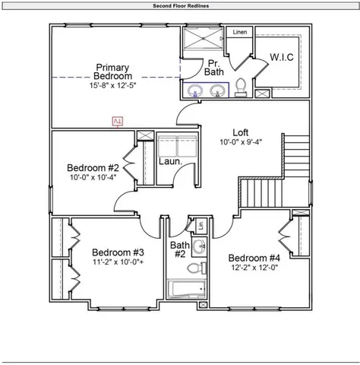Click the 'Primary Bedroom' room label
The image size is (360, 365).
coord(112,71)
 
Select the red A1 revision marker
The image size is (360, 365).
coord(118,121)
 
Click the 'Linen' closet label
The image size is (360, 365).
coord(240,33)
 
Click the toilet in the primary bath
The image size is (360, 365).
coord(241,87)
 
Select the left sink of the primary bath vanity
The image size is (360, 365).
coord(194,91)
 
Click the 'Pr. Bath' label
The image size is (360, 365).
coord(215,67)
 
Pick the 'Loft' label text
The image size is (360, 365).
coord(240,132)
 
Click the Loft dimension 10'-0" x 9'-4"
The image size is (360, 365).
coord(240,142)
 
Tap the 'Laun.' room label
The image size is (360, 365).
coord(169,161)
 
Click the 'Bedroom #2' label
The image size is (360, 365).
coord(93,168)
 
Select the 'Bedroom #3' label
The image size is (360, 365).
coord(118,252)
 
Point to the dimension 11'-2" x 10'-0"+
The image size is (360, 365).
coord(118,262)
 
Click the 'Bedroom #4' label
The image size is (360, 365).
coord(254,257)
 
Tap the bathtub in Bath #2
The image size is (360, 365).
coord(185,290)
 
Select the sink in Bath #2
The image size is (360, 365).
coord(199,246)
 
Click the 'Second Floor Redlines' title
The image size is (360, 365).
coord(181,5)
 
